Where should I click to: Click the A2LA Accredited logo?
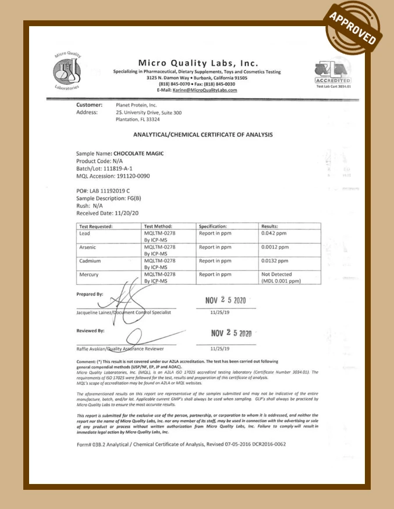(332, 72)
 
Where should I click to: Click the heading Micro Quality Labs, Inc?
(198, 63)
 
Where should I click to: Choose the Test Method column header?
(158, 226)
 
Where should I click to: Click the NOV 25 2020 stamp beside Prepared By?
(227, 300)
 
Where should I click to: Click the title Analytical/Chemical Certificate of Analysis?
(203, 135)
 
